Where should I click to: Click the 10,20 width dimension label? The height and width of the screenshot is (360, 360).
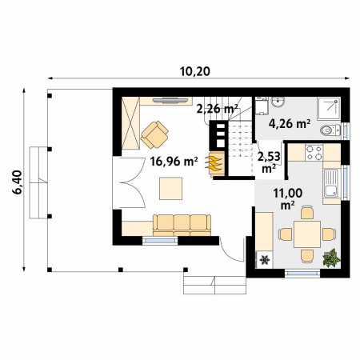(194, 71)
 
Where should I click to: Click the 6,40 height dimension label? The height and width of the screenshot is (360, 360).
(18, 182)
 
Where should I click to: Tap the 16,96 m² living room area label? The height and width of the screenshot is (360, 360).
(174, 162)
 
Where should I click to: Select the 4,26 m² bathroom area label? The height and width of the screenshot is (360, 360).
(290, 123)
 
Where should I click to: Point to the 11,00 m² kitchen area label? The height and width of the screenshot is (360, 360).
(288, 198)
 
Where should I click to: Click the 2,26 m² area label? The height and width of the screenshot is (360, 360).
(217, 109)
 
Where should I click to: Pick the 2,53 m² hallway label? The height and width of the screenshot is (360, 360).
(269, 162)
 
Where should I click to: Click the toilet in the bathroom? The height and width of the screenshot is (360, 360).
(330, 130)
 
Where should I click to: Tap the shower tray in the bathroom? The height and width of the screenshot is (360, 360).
(329, 109)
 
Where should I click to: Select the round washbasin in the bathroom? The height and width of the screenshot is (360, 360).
(278, 102)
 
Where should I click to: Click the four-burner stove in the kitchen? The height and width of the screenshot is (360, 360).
(314, 153)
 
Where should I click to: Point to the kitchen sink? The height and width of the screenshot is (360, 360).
(331, 183)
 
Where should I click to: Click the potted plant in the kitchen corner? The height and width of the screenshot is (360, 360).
(331, 258)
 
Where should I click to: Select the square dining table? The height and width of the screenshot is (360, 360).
(307, 234)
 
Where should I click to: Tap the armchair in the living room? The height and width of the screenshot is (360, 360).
(154, 134)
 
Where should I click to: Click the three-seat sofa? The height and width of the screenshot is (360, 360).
(182, 226)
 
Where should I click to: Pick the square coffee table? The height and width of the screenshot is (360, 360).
(171, 188)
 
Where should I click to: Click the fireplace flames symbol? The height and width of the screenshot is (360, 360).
(213, 163)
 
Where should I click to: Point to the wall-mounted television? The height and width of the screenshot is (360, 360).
(170, 100)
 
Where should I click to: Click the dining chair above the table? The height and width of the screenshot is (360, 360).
(307, 213)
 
